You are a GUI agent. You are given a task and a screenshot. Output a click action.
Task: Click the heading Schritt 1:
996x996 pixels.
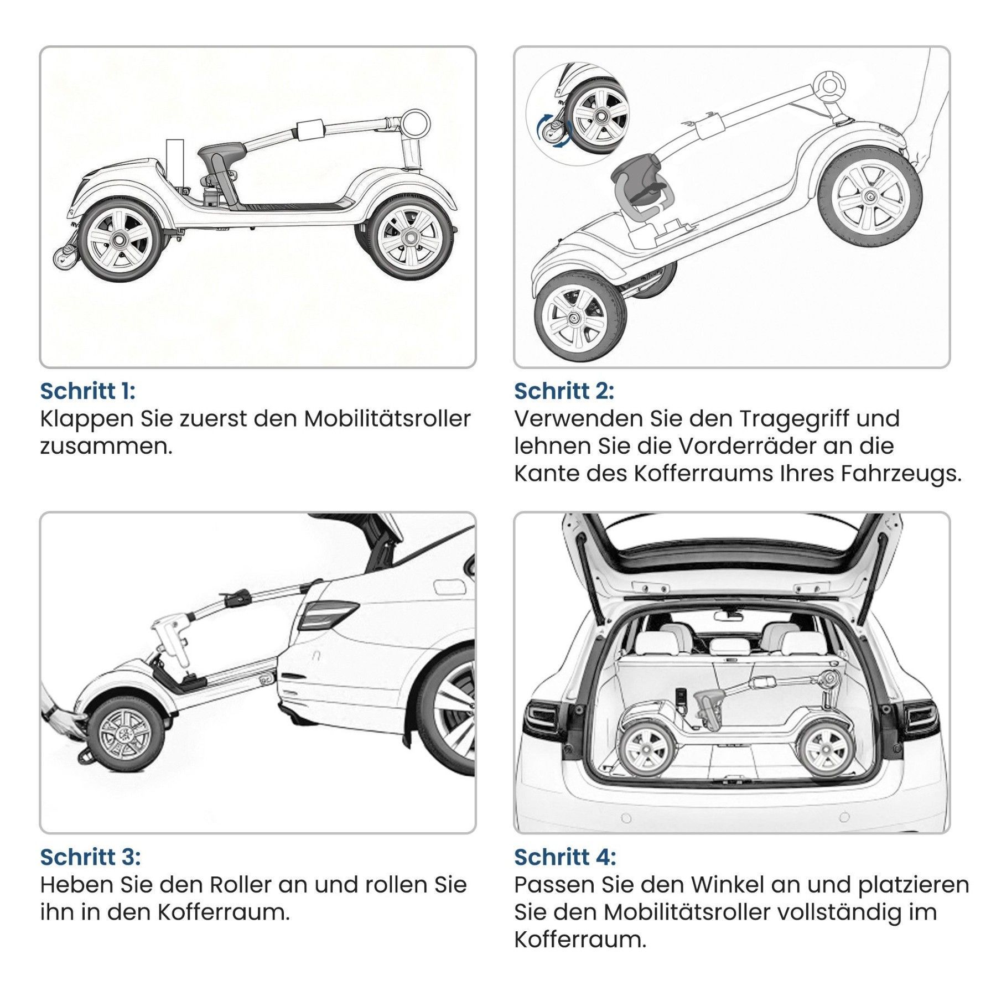pyautogui.click(x=87, y=391)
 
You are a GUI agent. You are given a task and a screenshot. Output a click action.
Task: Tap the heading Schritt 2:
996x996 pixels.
pyautogui.click(x=564, y=391)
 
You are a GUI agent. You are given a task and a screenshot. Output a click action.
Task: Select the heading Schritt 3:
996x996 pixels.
pyautogui.click(x=90, y=857)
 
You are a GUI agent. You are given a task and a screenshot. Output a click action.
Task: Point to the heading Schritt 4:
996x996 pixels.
pyautogui.click(x=565, y=857)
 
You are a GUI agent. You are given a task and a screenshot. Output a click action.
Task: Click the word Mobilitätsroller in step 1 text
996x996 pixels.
pyautogui.click(x=387, y=419)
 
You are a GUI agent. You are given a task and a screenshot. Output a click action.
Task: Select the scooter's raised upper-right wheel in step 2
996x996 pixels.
pyautogui.click(x=868, y=196)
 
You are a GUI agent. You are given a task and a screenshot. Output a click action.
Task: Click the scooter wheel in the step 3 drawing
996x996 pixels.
pyautogui.click(x=127, y=735)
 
